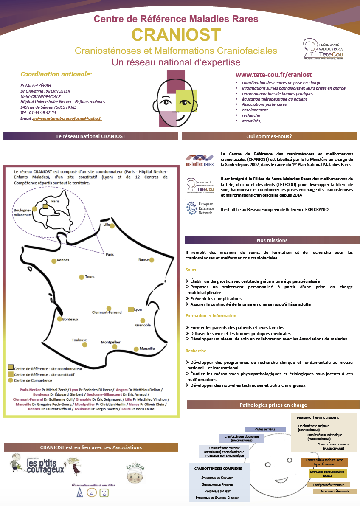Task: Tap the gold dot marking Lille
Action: [x=112, y=226]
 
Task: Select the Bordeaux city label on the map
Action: [x=70, y=319]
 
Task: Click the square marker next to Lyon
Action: [x=131, y=310]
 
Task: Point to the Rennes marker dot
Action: [x=53, y=261]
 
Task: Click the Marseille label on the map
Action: [x=147, y=349]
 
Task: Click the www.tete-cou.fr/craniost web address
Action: [x=270, y=74]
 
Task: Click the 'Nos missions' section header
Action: [x=272, y=240]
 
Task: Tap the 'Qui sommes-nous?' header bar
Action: [x=269, y=136]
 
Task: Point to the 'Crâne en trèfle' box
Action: [x=265, y=429]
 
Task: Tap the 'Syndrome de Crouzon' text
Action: [x=217, y=478]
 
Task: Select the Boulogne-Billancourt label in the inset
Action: [x=22, y=212]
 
